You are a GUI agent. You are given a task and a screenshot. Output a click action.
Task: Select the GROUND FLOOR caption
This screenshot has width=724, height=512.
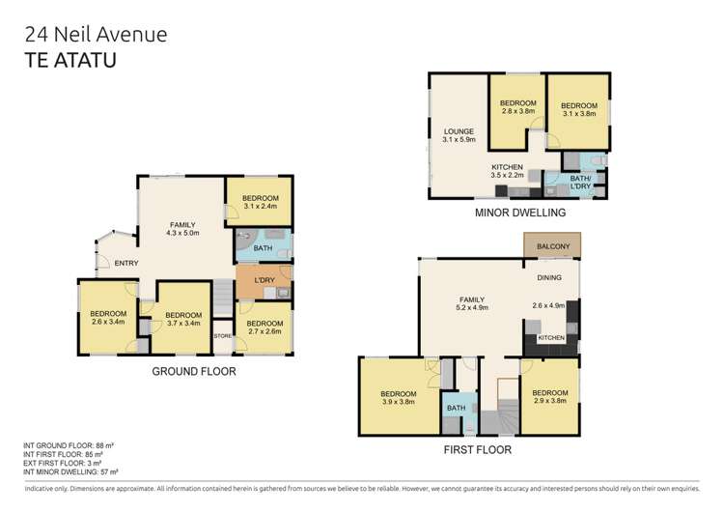point(193,371)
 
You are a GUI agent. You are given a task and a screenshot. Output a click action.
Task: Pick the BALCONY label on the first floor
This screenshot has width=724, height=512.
point(552,246)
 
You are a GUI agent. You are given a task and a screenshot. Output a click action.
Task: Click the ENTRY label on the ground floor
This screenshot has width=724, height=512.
point(126,263)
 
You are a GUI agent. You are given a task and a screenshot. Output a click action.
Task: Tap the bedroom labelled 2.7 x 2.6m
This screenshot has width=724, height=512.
point(264,327)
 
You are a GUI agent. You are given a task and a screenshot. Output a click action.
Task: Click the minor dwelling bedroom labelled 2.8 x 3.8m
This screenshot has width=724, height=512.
point(517,107)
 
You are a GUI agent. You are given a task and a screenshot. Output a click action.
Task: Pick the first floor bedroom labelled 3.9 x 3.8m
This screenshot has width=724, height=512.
point(398,398)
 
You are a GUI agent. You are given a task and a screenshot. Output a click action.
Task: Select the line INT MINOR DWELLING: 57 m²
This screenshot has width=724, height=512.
point(70,472)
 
